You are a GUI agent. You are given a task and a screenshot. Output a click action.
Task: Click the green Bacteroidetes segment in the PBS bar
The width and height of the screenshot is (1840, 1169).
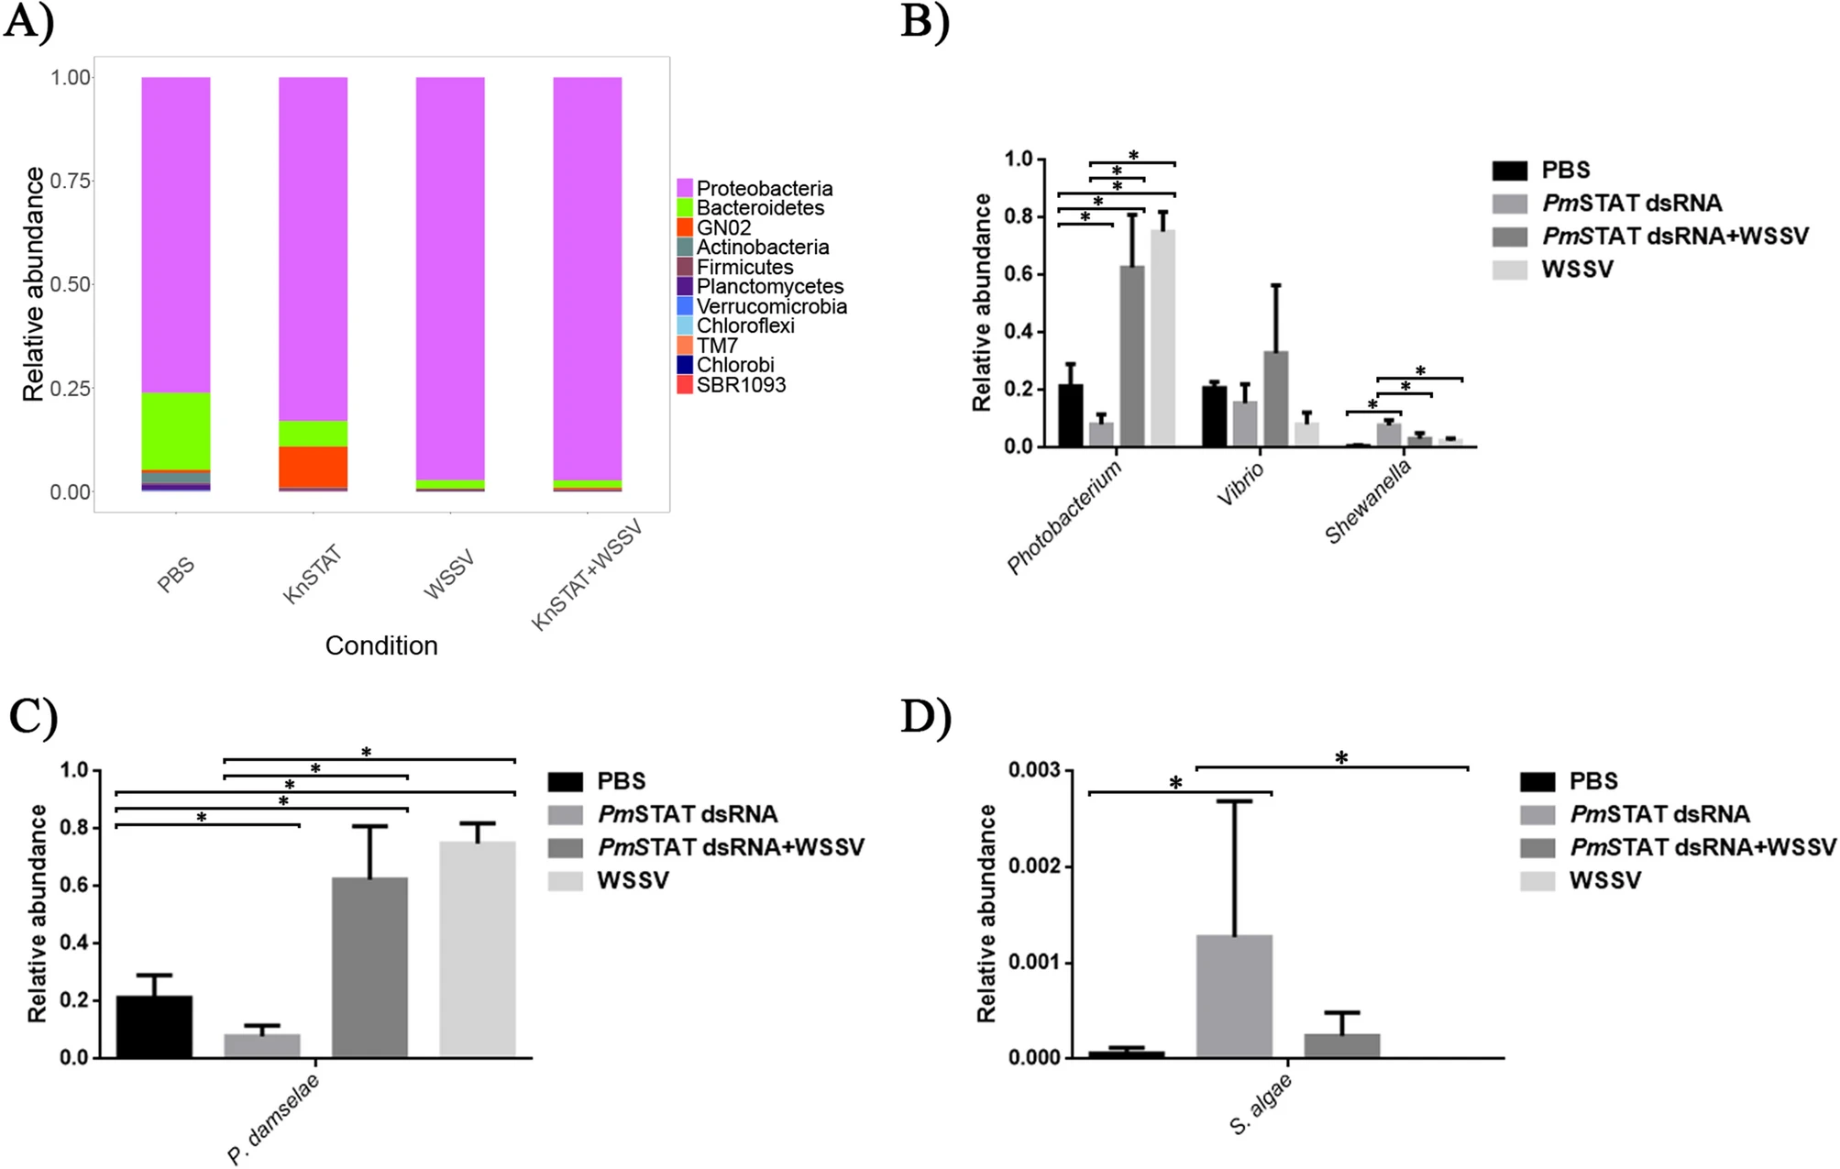(176, 431)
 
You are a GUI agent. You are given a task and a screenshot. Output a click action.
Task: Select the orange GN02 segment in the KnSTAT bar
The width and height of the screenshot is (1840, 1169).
(314, 467)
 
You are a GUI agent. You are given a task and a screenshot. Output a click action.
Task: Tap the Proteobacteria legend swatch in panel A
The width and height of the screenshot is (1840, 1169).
(685, 188)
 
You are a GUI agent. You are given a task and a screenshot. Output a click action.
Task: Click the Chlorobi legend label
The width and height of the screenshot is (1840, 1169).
(735, 365)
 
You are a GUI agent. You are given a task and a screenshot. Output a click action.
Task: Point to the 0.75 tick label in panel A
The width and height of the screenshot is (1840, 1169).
(71, 181)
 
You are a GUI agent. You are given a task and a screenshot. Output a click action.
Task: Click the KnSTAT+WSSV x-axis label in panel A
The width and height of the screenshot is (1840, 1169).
(587, 575)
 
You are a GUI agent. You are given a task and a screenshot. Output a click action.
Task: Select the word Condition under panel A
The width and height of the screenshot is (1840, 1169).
(381, 645)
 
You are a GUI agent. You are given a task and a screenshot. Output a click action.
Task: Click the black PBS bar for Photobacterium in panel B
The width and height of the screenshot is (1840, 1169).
(1071, 415)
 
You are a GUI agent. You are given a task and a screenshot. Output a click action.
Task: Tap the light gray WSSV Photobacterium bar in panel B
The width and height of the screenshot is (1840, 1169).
(1162, 338)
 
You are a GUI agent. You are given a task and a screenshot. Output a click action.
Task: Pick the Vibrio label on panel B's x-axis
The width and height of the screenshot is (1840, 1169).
(1240, 483)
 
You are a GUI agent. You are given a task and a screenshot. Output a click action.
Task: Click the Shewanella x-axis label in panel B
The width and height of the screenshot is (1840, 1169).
(1368, 502)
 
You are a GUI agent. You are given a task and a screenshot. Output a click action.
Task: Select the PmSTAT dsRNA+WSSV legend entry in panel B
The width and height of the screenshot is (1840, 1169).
(1650, 236)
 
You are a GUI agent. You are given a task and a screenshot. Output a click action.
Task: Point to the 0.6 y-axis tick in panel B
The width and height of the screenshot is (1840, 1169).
(1018, 274)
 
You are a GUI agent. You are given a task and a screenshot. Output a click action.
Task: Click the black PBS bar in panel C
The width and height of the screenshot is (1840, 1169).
(154, 1027)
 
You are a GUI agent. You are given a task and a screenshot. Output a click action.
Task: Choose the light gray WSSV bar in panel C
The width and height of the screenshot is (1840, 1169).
(478, 950)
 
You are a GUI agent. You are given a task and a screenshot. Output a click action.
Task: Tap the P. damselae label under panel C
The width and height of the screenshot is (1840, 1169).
(273, 1119)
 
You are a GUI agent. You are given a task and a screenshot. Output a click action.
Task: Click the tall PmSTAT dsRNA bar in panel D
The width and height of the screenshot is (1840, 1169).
(1234, 997)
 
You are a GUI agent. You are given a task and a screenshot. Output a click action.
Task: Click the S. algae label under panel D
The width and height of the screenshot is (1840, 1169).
(1261, 1104)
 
